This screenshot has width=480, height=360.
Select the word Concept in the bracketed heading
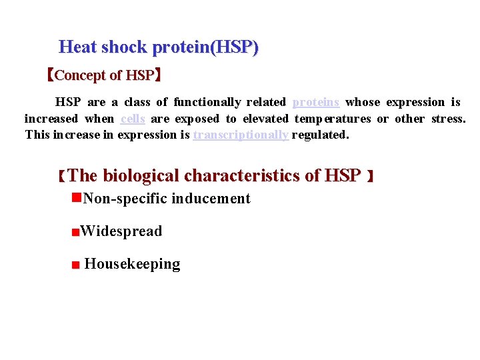pyautogui.click(x=78, y=75)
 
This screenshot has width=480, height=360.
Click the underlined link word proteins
pyautogui.click(x=316, y=103)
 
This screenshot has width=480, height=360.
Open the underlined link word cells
pyautogui.click(x=133, y=119)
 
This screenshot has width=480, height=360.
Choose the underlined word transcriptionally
pyautogui.click(x=241, y=135)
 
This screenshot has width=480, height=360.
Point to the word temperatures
pyautogui.click(x=332, y=119)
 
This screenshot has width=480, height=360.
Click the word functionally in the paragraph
pyautogui.click(x=207, y=103)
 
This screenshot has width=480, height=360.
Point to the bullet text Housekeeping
pyautogui.click(x=132, y=264)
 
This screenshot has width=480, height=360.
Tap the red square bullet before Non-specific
pyautogui.click(x=77, y=198)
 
